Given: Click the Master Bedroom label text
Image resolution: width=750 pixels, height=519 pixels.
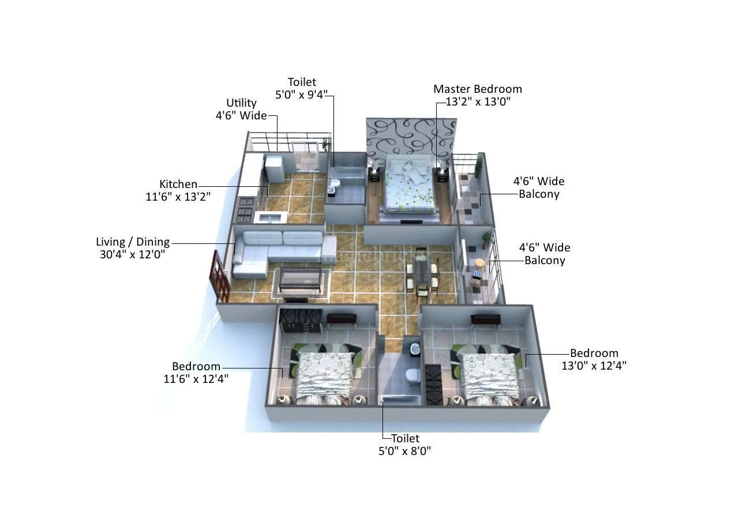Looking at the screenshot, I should [477, 89].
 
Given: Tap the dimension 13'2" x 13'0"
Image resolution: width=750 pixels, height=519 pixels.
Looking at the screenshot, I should [478, 102].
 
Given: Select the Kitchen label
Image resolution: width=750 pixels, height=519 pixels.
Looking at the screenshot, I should [178, 184].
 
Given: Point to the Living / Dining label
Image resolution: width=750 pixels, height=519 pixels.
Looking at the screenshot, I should [133, 242].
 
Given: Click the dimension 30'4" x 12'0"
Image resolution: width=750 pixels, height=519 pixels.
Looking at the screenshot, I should [132, 254].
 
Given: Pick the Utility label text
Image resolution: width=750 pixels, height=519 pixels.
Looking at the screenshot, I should [241, 103].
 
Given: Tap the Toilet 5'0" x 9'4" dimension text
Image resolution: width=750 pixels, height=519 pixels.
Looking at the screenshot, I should [302, 95].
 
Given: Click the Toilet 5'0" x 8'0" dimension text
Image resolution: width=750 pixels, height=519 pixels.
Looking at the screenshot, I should [404, 451].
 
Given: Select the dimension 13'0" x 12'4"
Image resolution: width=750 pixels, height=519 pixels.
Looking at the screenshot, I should [594, 365].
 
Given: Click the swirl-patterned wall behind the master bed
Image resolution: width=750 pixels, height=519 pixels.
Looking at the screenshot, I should [410, 136].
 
